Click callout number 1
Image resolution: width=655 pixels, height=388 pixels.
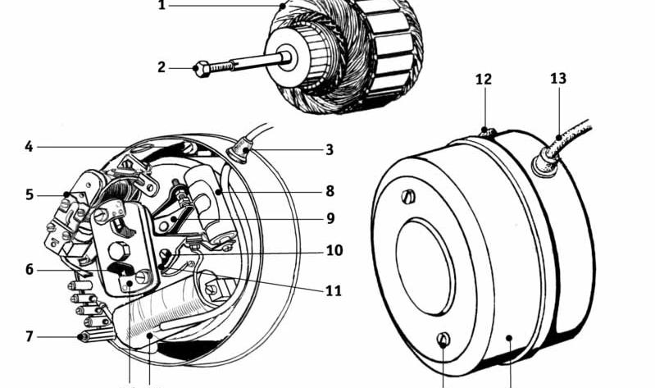[x=161, y=5]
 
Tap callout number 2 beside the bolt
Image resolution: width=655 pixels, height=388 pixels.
[x=161, y=67]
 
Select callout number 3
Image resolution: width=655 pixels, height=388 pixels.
[x=330, y=149]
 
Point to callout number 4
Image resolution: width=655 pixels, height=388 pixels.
[x=29, y=147]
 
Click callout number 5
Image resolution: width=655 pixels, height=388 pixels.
[x=30, y=195]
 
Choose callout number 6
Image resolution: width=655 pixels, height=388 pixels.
[x=30, y=270]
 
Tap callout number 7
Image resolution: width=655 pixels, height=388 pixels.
[x=30, y=336]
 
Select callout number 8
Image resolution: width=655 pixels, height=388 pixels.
[x=330, y=191]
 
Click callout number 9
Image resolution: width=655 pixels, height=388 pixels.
[x=330, y=219]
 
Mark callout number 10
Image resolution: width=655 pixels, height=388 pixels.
[x=334, y=250]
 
